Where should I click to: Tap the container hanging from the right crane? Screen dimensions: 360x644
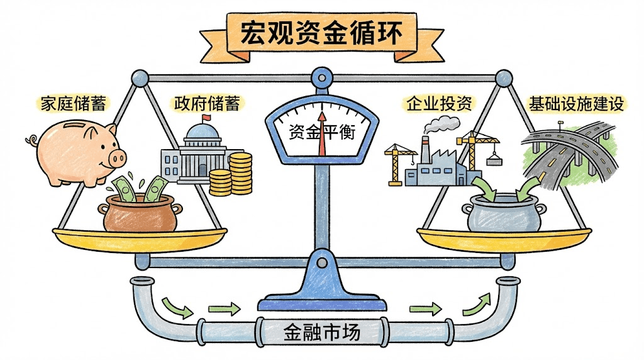click(x=495, y=159)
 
